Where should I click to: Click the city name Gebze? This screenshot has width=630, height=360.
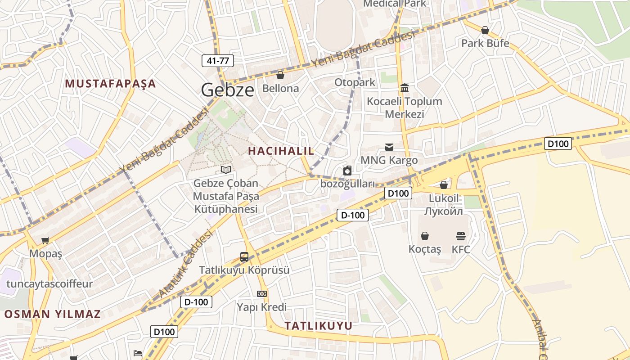(x=227, y=90)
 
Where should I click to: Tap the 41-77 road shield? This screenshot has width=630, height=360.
(x=218, y=60)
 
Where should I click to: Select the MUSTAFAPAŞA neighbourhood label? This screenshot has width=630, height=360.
(x=110, y=84)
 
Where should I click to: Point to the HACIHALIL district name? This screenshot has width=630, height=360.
(x=281, y=151)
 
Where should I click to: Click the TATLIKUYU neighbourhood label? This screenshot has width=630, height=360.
(x=319, y=326)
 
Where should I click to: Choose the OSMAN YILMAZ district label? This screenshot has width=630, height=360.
(x=53, y=314)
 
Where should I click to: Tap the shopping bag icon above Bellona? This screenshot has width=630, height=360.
(x=280, y=75)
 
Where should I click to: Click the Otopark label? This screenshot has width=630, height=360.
(x=355, y=82)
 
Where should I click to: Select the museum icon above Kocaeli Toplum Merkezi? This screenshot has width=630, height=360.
(x=405, y=88)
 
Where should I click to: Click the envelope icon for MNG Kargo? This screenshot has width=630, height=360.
(x=389, y=147)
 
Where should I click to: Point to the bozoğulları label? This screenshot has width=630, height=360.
(x=347, y=184)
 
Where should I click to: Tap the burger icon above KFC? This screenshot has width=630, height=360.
(x=460, y=236)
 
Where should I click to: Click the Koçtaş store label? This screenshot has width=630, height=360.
(x=425, y=249)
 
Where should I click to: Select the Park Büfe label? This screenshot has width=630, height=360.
(x=485, y=43)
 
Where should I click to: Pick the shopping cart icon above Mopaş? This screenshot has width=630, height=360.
(x=45, y=240)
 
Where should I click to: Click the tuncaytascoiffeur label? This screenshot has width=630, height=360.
(x=49, y=284)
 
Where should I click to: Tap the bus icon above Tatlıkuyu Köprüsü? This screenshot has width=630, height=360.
(x=244, y=257)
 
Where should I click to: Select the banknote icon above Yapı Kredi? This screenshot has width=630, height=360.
(x=262, y=294)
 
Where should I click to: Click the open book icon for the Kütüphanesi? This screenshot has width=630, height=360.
(x=226, y=170)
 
